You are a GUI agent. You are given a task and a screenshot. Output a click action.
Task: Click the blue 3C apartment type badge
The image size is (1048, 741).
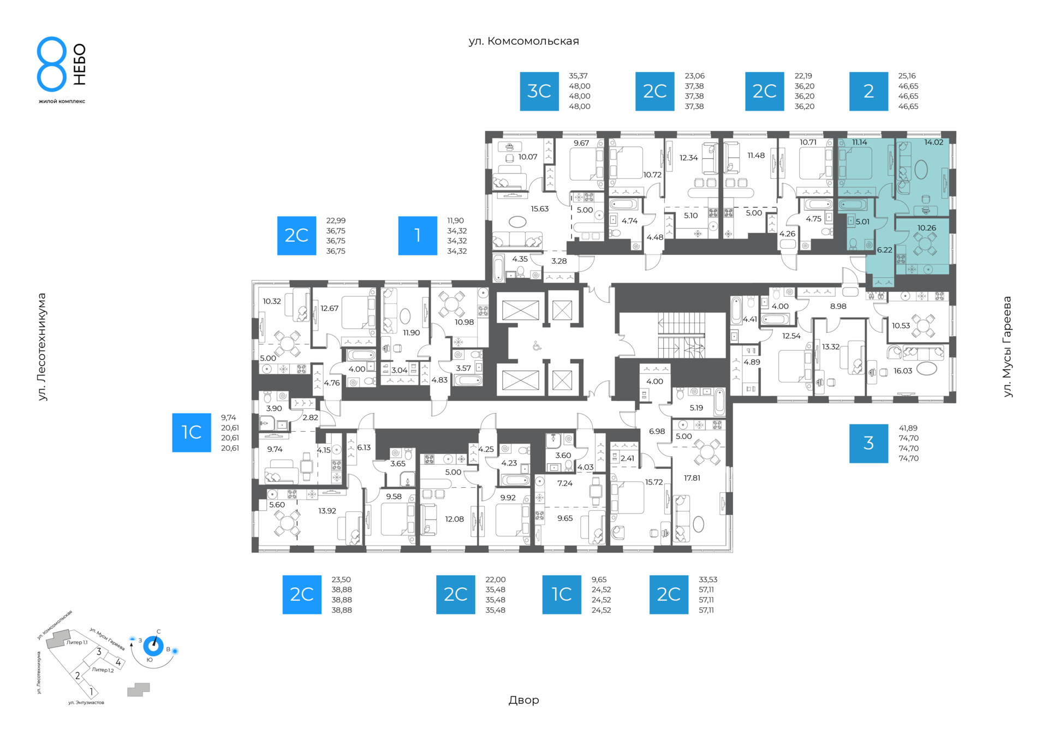[x=539, y=91]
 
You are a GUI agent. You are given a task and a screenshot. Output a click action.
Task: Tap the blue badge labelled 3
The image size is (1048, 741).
[x=868, y=443]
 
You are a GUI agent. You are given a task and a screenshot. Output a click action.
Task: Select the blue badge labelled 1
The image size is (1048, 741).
[x=418, y=236]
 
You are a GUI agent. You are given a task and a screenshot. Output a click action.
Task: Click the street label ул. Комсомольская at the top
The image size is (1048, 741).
[x=523, y=41]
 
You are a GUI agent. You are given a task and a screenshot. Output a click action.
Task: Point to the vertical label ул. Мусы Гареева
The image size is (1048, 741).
[x=1007, y=346]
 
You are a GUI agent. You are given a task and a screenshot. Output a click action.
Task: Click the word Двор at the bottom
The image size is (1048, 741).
[x=523, y=700]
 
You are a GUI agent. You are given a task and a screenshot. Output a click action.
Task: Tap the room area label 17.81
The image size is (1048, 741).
[x=692, y=478]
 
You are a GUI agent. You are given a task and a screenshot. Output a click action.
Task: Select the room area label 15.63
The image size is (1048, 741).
[x=540, y=209]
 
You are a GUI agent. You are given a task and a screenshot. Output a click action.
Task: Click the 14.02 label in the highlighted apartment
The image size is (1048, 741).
[x=933, y=142]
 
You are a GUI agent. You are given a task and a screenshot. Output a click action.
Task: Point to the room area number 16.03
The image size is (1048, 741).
[x=903, y=371]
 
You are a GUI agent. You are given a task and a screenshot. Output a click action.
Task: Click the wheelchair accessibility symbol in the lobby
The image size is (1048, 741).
[x=537, y=346]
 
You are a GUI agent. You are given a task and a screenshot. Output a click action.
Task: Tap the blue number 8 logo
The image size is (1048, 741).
[x=52, y=64]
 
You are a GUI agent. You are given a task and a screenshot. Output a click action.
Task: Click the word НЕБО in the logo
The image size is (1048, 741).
[x=80, y=64]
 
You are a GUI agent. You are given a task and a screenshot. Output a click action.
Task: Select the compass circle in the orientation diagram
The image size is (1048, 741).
[x=153, y=646]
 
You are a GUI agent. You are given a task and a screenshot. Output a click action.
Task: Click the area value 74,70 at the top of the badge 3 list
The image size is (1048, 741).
[x=908, y=438]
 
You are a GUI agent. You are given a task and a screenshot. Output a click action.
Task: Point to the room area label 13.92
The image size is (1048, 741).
[x=327, y=511]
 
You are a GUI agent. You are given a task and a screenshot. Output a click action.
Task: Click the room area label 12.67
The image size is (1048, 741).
[x=330, y=308]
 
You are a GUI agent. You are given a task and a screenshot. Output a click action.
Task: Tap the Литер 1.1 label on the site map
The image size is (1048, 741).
[x=77, y=643]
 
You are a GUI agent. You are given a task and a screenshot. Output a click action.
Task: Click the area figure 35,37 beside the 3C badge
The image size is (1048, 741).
[x=578, y=76]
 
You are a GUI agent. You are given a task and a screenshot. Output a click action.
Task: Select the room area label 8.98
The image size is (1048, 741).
[x=838, y=307]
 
